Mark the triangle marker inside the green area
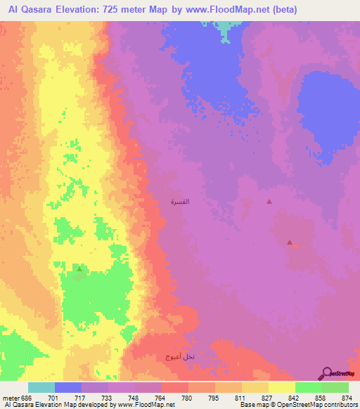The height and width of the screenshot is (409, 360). pyautogui.click(x=79, y=268)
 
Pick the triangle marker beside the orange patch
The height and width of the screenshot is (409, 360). pyautogui.click(x=290, y=242)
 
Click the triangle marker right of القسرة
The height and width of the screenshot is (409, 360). pyautogui.click(x=269, y=202)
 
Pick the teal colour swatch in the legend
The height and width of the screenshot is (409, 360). pyautogui.click(x=41, y=387)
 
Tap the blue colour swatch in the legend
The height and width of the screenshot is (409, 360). pyautogui.click(x=68, y=387)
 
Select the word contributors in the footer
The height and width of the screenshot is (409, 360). pyautogui.click(x=339, y=405)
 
